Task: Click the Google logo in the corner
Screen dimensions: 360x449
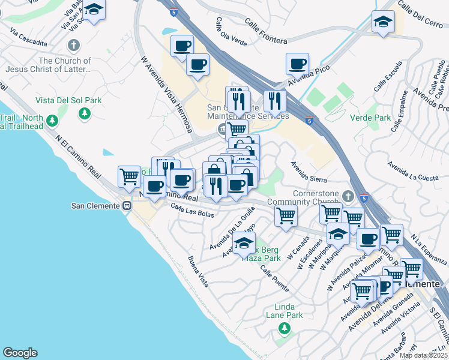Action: pos(20,353)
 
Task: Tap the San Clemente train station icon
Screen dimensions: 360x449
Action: pos(127,206)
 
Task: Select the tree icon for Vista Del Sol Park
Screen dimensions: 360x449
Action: pos(85,113)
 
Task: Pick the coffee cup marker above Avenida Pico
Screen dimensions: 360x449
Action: pos(297,64)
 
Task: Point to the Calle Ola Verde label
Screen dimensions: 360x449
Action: pos(231,31)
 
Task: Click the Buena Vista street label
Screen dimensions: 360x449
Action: pos(198,271)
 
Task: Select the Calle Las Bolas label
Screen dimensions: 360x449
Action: pos(192,211)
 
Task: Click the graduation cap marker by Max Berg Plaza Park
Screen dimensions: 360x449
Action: pos(244,244)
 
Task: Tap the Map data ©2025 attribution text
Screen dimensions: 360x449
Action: pos(423,355)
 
